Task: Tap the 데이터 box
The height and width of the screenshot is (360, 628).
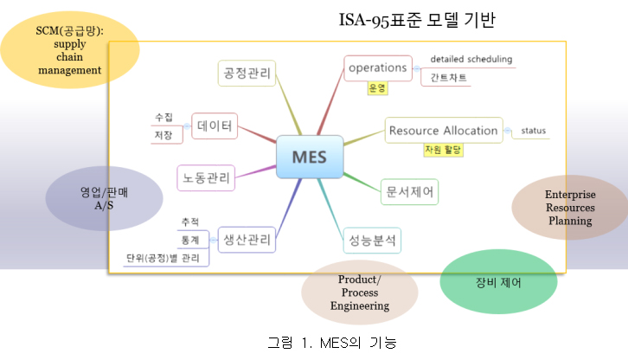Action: point(214,126)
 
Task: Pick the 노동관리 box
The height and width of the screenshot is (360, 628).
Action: point(206,179)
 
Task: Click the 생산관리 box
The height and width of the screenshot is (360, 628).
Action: point(245,239)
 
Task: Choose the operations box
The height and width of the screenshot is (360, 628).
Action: point(376,67)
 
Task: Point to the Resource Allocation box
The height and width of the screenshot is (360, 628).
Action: point(443,131)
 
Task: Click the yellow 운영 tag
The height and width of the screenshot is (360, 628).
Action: point(376,87)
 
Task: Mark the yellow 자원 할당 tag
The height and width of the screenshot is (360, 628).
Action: point(443,150)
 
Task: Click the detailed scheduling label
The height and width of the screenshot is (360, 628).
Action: point(471,60)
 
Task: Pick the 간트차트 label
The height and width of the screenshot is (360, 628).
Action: point(445,77)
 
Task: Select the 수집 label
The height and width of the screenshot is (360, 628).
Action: point(163,117)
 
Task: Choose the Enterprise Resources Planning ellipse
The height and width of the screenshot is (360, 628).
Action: point(569,208)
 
